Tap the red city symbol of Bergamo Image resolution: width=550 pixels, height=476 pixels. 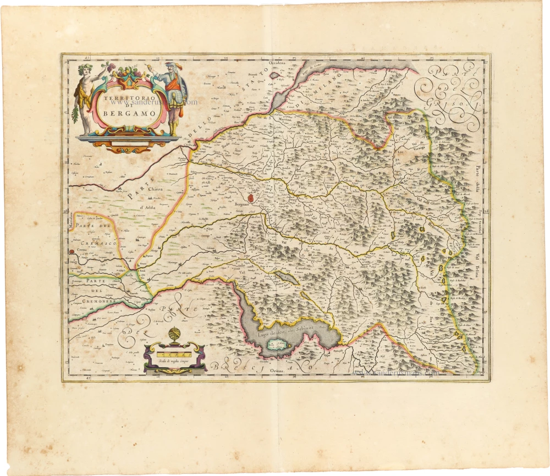[x=251, y=197]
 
